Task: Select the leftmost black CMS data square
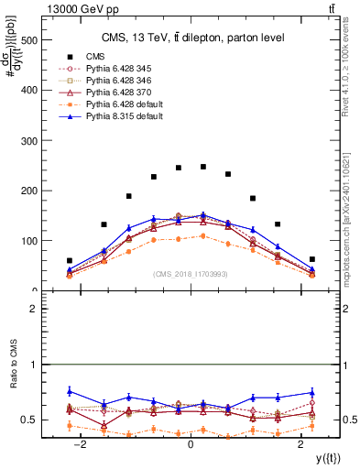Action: [69, 261]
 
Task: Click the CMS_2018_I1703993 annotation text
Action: [190, 275]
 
